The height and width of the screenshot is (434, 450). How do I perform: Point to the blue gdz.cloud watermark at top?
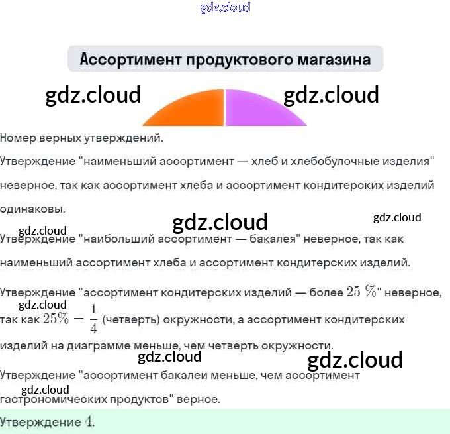click(x=225, y=7)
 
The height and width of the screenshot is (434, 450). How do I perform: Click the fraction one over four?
click(x=93, y=319)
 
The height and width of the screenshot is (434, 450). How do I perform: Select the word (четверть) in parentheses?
click(x=130, y=319)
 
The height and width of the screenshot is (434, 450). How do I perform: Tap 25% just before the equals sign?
click(x=56, y=319)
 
